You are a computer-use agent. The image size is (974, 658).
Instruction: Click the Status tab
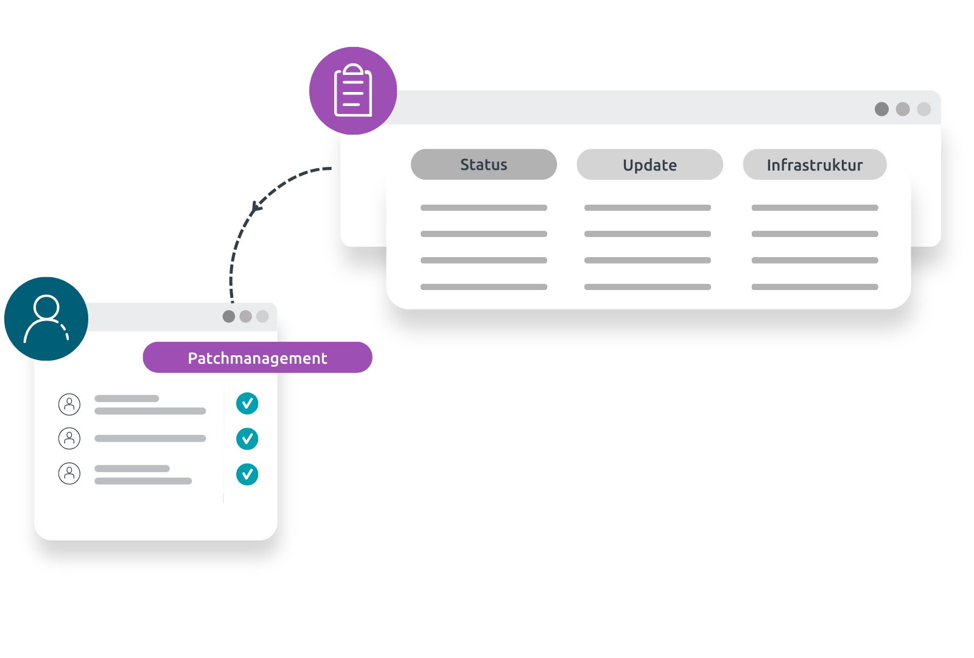coord(483,164)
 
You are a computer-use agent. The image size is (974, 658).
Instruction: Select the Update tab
coord(650,164)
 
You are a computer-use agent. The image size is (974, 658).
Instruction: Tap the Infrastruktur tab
coord(815,164)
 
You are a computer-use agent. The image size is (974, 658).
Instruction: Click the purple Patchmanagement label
coord(258,358)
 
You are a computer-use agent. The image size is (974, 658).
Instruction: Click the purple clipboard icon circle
coord(353,91)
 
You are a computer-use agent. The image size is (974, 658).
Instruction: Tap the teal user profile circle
coord(46,319)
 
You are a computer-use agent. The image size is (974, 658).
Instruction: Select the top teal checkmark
coord(247,403)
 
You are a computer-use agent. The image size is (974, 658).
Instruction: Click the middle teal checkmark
coord(247,439)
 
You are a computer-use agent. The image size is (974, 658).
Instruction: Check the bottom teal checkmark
coord(247,474)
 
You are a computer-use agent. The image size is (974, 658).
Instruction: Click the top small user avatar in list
coord(69,404)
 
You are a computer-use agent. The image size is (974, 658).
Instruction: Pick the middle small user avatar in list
coord(69,438)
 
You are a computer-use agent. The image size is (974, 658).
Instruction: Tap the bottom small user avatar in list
coord(69,473)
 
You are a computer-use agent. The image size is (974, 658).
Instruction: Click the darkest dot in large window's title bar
coord(881,109)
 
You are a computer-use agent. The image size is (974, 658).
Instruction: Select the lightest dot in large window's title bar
coord(923,109)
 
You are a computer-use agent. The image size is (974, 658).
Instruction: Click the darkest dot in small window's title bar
coord(229,316)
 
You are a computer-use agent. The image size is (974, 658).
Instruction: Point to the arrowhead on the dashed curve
coord(256,207)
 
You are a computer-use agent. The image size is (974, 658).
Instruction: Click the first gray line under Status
coord(483,208)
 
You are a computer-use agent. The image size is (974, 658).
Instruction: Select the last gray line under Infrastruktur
coord(815,287)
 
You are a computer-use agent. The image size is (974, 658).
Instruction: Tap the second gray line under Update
coord(647,234)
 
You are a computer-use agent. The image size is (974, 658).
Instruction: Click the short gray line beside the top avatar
coord(127,398)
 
